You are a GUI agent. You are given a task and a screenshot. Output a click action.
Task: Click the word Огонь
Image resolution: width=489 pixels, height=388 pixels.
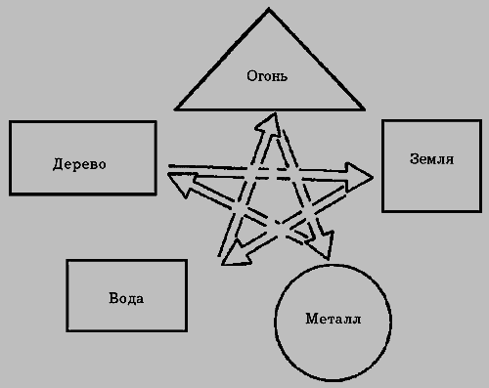(265, 74)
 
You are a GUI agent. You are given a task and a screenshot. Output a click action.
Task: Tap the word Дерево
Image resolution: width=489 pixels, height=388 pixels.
(79, 164)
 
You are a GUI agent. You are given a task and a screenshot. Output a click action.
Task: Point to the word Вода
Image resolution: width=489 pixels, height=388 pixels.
(126, 298)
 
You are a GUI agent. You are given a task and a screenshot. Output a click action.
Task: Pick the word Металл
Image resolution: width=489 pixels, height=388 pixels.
(333, 319)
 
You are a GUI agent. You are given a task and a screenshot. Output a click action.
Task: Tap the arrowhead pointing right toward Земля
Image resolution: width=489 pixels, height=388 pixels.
(362, 177)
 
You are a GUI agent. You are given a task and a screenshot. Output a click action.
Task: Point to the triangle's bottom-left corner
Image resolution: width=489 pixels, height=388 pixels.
(175, 108)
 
